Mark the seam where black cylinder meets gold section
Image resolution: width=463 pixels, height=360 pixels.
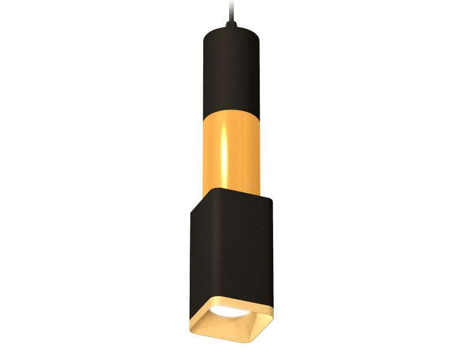[x=230, y=113]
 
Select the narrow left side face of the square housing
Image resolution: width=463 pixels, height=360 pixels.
[x=194, y=249]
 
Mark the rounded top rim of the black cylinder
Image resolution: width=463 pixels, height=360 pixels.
[x=230, y=29]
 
